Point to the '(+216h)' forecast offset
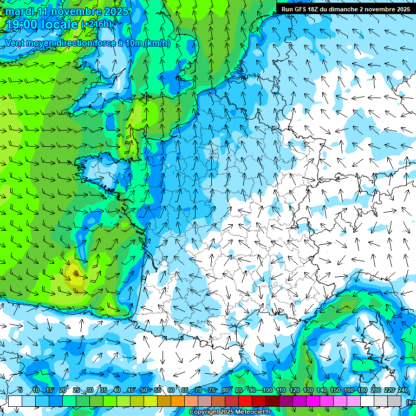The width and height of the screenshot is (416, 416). pyautogui.click(x=97, y=24)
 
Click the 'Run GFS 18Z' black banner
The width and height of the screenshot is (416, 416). pyautogui.click(x=345, y=9)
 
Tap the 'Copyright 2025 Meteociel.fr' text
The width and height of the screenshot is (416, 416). pyautogui.click(x=230, y=412)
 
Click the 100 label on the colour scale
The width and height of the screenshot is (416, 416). pyautogui.click(x=268, y=391)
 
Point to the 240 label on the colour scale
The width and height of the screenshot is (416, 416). pyautogui.click(x=402, y=391)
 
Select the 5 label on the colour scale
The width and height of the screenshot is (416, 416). pyautogui.click(x=20, y=391)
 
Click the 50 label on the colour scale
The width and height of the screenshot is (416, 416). pyautogui.click(x=144, y=391)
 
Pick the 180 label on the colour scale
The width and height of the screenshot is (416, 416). pyautogui.click(x=362, y=391)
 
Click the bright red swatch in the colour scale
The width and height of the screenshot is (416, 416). pyautogui.click(x=245, y=401)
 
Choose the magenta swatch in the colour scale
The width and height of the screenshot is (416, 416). pyautogui.click(x=313, y=401)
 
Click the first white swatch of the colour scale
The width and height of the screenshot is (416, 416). pyautogui.click(x=15, y=401)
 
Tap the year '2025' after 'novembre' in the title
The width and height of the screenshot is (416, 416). pyautogui.click(x=116, y=11)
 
